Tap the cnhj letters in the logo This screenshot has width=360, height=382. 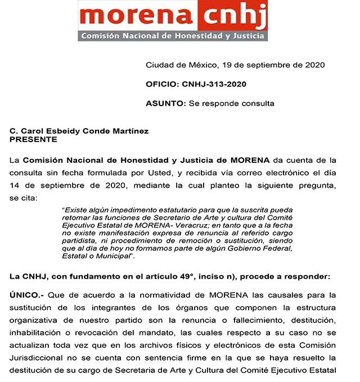[x=236, y=18]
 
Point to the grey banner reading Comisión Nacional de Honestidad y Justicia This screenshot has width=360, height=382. [x=173, y=36]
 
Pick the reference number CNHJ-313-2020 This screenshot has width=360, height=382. [x=214, y=84]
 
